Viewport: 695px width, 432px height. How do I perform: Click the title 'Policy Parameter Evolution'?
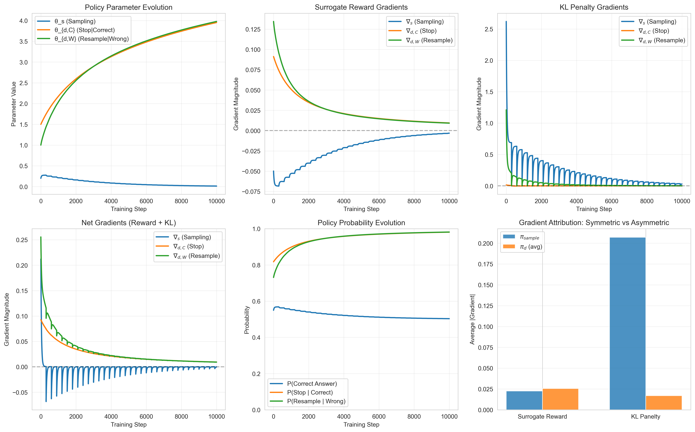(x=128, y=7)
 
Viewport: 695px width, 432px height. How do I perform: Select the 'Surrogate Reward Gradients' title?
(x=361, y=7)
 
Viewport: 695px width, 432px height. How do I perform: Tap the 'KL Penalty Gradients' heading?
(x=594, y=7)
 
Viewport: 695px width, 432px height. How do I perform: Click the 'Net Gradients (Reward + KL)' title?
(x=128, y=223)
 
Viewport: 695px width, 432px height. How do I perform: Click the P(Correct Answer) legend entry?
(x=312, y=384)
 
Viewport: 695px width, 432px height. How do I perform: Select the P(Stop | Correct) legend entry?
(x=310, y=393)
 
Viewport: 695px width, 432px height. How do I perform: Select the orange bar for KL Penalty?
(x=664, y=403)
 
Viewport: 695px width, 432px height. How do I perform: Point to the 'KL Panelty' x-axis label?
(x=645, y=417)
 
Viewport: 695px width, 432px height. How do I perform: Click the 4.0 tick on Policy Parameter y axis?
(x=24, y=21)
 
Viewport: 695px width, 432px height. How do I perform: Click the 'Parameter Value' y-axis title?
(x=13, y=104)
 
